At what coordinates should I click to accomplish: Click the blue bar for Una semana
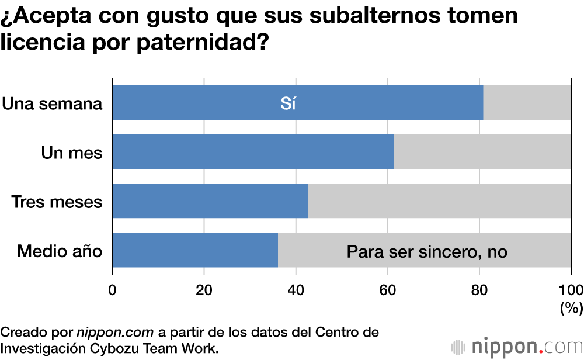click(x=234, y=103)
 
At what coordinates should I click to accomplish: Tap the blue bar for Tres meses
click(x=210, y=201)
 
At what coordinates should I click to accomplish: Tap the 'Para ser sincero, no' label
click(x=427, y=252)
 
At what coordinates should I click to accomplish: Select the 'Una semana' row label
click(x=52, y=104)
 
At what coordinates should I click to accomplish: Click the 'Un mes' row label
click(x=72, y=153)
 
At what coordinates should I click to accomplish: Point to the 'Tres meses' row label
click(x=57, y=202)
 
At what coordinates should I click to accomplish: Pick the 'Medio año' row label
click(x=60, y=251)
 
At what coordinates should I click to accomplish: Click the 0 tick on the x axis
click(x=112, y=290)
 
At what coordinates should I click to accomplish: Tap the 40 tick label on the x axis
click(x=296, y=290)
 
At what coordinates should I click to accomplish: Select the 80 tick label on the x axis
click(x=479, y=290)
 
